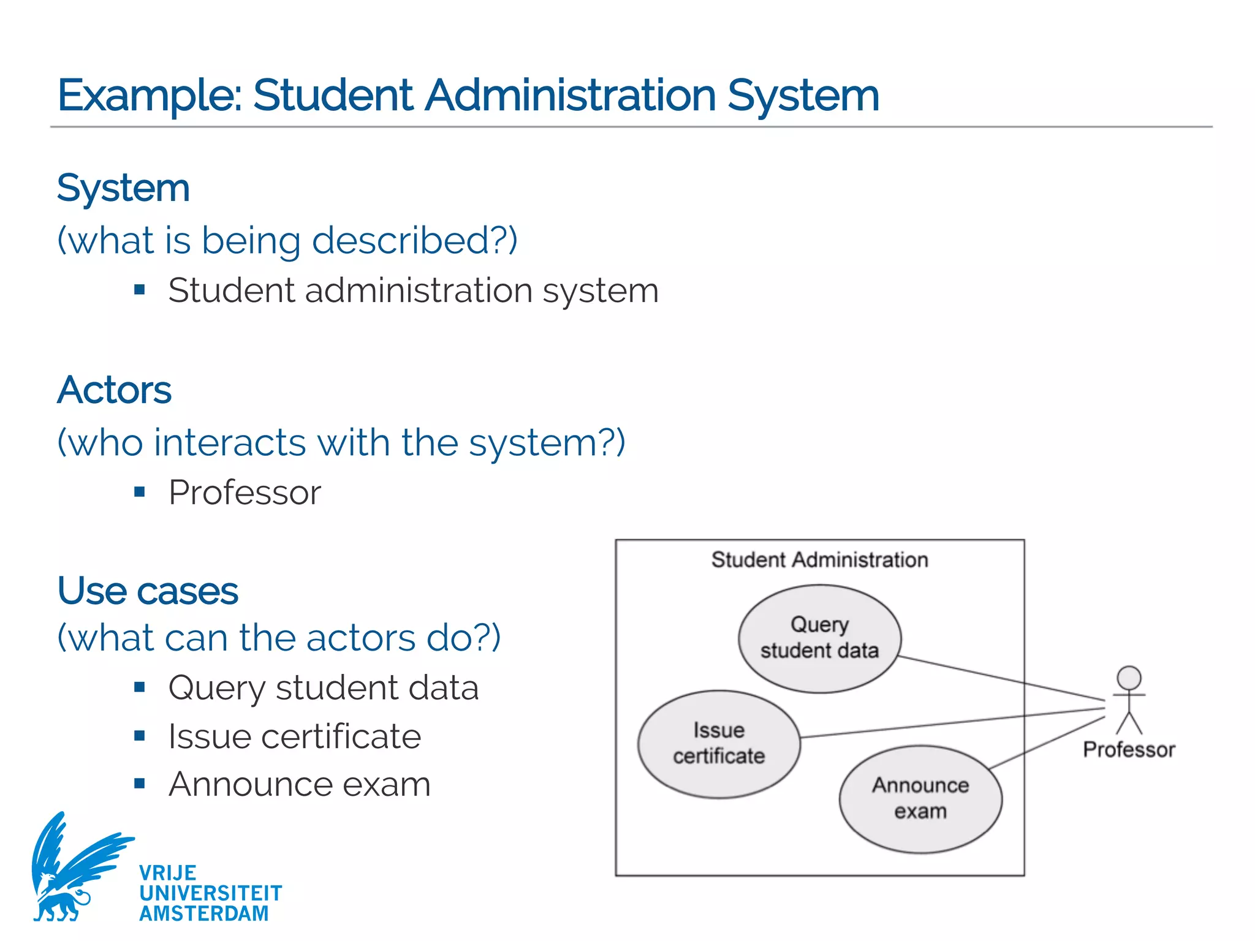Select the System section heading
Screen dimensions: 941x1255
[123, 188]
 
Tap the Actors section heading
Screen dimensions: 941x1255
[115, 390]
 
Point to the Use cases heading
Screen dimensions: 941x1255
[148, 591]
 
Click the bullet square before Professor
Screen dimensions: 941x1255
[140, 491]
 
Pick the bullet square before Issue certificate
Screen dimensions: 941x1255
[140, 735]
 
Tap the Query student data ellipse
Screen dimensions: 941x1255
[819, 638]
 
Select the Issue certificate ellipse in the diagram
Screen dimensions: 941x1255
[719, 744]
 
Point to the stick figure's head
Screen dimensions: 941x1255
[1129, 678]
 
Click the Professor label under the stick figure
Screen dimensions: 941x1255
[1129, 750]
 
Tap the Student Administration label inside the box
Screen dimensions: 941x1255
[819, 560]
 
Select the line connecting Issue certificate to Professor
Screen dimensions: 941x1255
[950, 723]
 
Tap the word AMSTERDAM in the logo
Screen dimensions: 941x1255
[204, 913]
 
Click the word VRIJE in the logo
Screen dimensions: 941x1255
[168, 873]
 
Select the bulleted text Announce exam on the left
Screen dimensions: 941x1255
[300, 784]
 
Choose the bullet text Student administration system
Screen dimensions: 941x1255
[414, 290]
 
